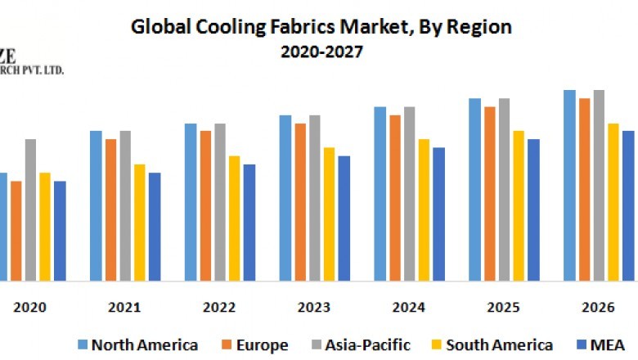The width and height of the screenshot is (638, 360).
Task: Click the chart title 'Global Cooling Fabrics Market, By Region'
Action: coord(321,26)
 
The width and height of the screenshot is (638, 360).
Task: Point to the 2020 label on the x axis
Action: coord(30,309)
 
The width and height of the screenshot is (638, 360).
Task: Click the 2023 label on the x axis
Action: coord(314,309)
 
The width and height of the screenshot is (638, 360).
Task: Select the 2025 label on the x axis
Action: coord(504,309)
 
